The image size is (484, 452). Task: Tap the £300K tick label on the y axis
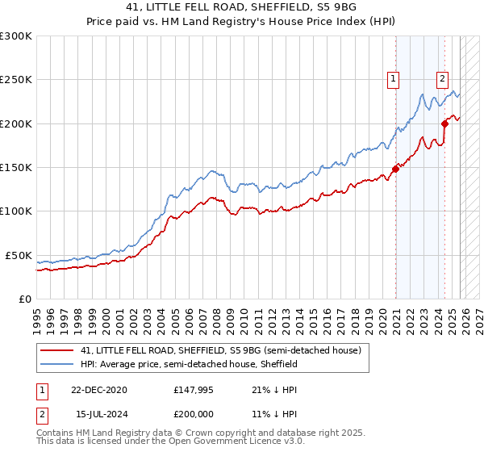[16, 36]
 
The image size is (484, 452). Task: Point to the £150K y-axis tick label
[16, 168]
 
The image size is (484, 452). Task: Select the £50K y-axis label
[19, 255]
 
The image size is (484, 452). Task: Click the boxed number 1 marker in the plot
[393, 78]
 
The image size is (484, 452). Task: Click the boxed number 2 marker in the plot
[443, 78]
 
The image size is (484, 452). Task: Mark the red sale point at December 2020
[396, 169]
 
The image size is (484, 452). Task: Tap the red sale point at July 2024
[444, 123]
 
